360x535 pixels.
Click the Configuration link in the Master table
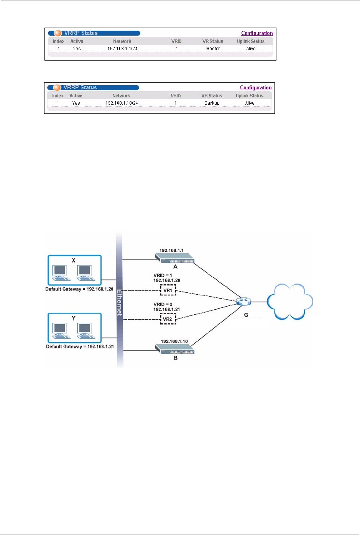[257, 33]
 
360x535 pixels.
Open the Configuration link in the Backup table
[256, 88]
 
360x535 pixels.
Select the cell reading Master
[213, 49]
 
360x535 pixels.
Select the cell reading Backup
[212, 103]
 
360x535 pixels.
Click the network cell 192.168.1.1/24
[122, 49]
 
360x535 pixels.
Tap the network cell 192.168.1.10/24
[122, 103]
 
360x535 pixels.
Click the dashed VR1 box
[168, 290]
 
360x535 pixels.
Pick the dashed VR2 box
[168, 319]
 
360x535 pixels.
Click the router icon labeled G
[244, 301]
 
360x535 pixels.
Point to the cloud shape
[289, 302]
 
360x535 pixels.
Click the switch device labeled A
[174, 258]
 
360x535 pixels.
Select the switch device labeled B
[174, 349]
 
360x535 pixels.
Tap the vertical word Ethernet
[120, 303]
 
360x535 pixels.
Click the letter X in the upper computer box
[74, 260]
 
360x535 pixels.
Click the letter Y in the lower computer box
[74, 318]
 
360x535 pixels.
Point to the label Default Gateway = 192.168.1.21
[80, 346]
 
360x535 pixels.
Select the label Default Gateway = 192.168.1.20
[79, 289]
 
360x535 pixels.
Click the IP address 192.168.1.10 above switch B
[174, 341]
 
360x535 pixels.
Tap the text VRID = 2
[163, 304]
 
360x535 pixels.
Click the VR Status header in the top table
[213, 41]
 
